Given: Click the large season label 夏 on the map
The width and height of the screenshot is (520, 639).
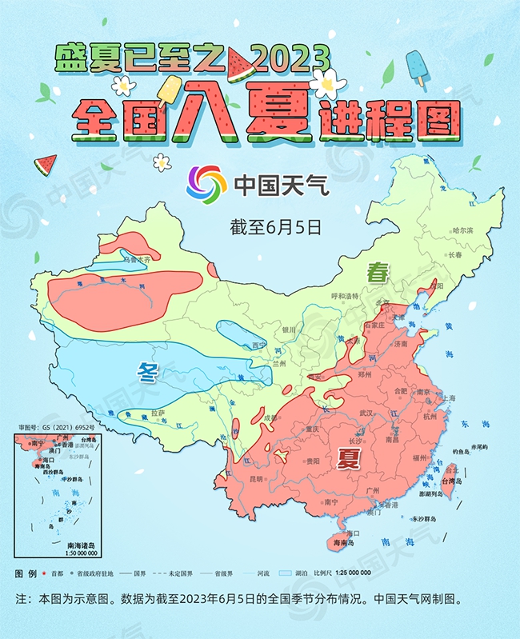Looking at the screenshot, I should [x=348, y=457].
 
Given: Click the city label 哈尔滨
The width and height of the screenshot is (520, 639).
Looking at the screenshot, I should [x=463, y=230].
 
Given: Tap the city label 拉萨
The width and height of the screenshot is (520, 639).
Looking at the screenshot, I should [x=158, y=413].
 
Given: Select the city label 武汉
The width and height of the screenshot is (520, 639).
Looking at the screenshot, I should [x=366, y=413].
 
